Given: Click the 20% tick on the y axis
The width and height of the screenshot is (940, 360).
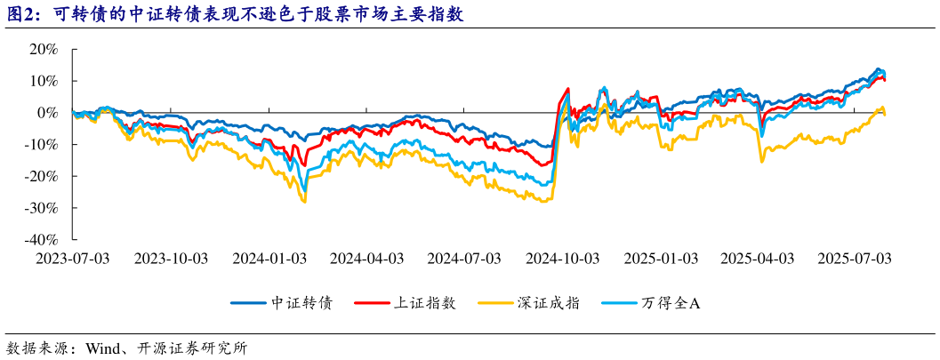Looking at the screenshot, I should [44, 50].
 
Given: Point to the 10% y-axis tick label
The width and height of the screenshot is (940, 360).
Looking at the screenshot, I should [44, 81].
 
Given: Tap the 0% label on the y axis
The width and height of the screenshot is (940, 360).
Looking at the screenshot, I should [48, 113].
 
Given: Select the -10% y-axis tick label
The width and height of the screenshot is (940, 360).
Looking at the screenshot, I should [41, 144].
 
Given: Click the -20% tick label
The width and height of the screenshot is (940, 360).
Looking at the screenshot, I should [41, 176].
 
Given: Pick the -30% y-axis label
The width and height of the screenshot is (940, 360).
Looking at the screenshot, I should [41, 208].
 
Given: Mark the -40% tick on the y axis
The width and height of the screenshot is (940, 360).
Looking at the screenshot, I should [41, 239].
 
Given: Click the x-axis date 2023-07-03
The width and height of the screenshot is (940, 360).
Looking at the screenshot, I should [72, 258].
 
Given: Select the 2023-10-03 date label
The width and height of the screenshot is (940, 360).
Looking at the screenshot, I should [170, 258].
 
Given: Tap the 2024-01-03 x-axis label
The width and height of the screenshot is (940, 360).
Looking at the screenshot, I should [269, 258].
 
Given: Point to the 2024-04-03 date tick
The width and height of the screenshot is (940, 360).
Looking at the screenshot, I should [366, 258].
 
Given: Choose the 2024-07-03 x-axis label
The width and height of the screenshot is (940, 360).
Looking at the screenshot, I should [464, 258].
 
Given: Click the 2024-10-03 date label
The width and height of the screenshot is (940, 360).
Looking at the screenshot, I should [563, 258].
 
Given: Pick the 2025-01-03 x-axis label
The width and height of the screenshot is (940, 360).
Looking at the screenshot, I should [661, 258].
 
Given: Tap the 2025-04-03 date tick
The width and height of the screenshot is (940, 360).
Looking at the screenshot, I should [757, 258].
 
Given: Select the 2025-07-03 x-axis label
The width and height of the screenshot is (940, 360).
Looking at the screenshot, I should [855, 258].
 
